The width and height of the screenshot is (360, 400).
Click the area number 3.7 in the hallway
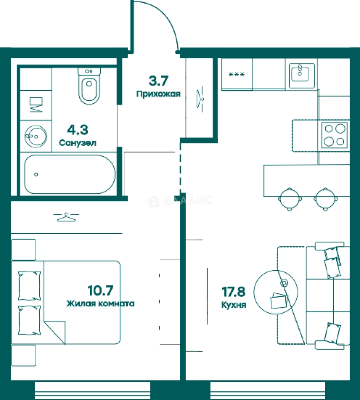tap(158, 81)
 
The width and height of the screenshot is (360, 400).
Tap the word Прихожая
tap(159, 94)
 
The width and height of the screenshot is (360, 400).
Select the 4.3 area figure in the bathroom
tap(77, 130)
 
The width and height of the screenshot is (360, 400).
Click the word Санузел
tap(77, 143)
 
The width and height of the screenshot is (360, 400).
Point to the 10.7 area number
tap(100, 290)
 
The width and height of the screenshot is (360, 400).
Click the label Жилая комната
tap(100, 304)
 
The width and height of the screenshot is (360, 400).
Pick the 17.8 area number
tap(233, 292)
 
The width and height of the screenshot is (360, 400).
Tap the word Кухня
tap(234, 305)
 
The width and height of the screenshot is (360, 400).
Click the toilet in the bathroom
tap(89, 86)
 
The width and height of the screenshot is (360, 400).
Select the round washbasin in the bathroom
tap(36, 136)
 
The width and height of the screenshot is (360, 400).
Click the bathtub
tap(69, 174)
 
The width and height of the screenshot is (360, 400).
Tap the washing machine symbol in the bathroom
tap(36, 105)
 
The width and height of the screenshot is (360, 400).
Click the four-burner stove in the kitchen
tap(334, 135)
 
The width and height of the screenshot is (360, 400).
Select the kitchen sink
tap(302, 73)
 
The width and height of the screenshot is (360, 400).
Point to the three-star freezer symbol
tap(237, 74)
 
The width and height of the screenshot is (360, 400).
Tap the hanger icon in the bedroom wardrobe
tap(66, 217)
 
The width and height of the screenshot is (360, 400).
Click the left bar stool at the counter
tap(290, 199)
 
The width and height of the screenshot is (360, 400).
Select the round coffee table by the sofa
tap(276, 291)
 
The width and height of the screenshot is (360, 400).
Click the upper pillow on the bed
tap(29, 286)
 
